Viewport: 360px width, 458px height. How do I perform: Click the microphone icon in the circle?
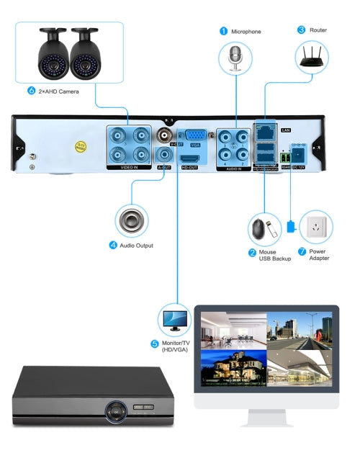[236, 58]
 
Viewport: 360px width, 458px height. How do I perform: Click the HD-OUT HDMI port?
[190, 159]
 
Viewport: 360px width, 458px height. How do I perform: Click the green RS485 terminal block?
[287, 155]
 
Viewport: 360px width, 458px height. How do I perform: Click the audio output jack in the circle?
[132, 220]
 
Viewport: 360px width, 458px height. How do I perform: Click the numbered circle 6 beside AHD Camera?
[31, 91]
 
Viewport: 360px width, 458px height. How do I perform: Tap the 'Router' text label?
[318, 30]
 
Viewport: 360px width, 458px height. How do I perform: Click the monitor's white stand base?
[266, 421]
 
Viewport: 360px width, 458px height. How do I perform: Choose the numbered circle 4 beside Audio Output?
[112, 245]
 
